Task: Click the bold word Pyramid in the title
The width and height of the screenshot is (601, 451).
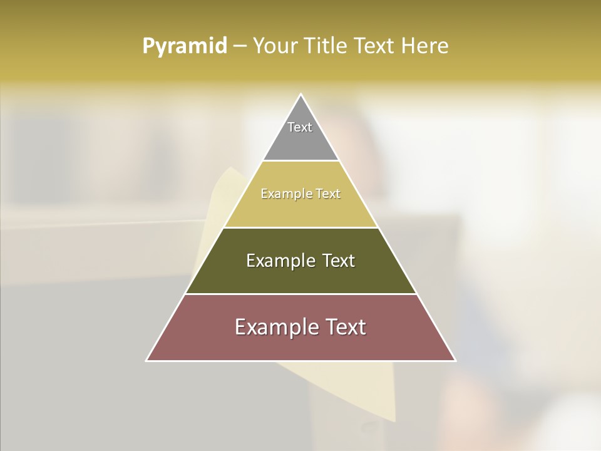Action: click(x=185, y=46)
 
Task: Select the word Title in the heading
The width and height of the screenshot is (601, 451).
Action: click(x=327, y=46)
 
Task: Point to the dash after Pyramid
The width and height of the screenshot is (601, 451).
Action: click(x=240, y=46)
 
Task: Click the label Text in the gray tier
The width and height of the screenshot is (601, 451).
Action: click(x=300, y=127)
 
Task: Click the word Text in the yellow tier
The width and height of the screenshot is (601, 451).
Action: click(x=329, y=194)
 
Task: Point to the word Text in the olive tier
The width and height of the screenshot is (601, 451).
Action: click(x=339, y=261)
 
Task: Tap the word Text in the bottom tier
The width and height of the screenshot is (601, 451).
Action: click(x=347, y=327)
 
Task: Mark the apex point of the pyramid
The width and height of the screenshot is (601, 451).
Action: click(x=300, y=95)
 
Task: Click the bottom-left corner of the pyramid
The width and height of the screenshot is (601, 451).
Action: click(x=147, y=360)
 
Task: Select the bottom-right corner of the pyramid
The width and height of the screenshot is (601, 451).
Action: click(x=455, y=360)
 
